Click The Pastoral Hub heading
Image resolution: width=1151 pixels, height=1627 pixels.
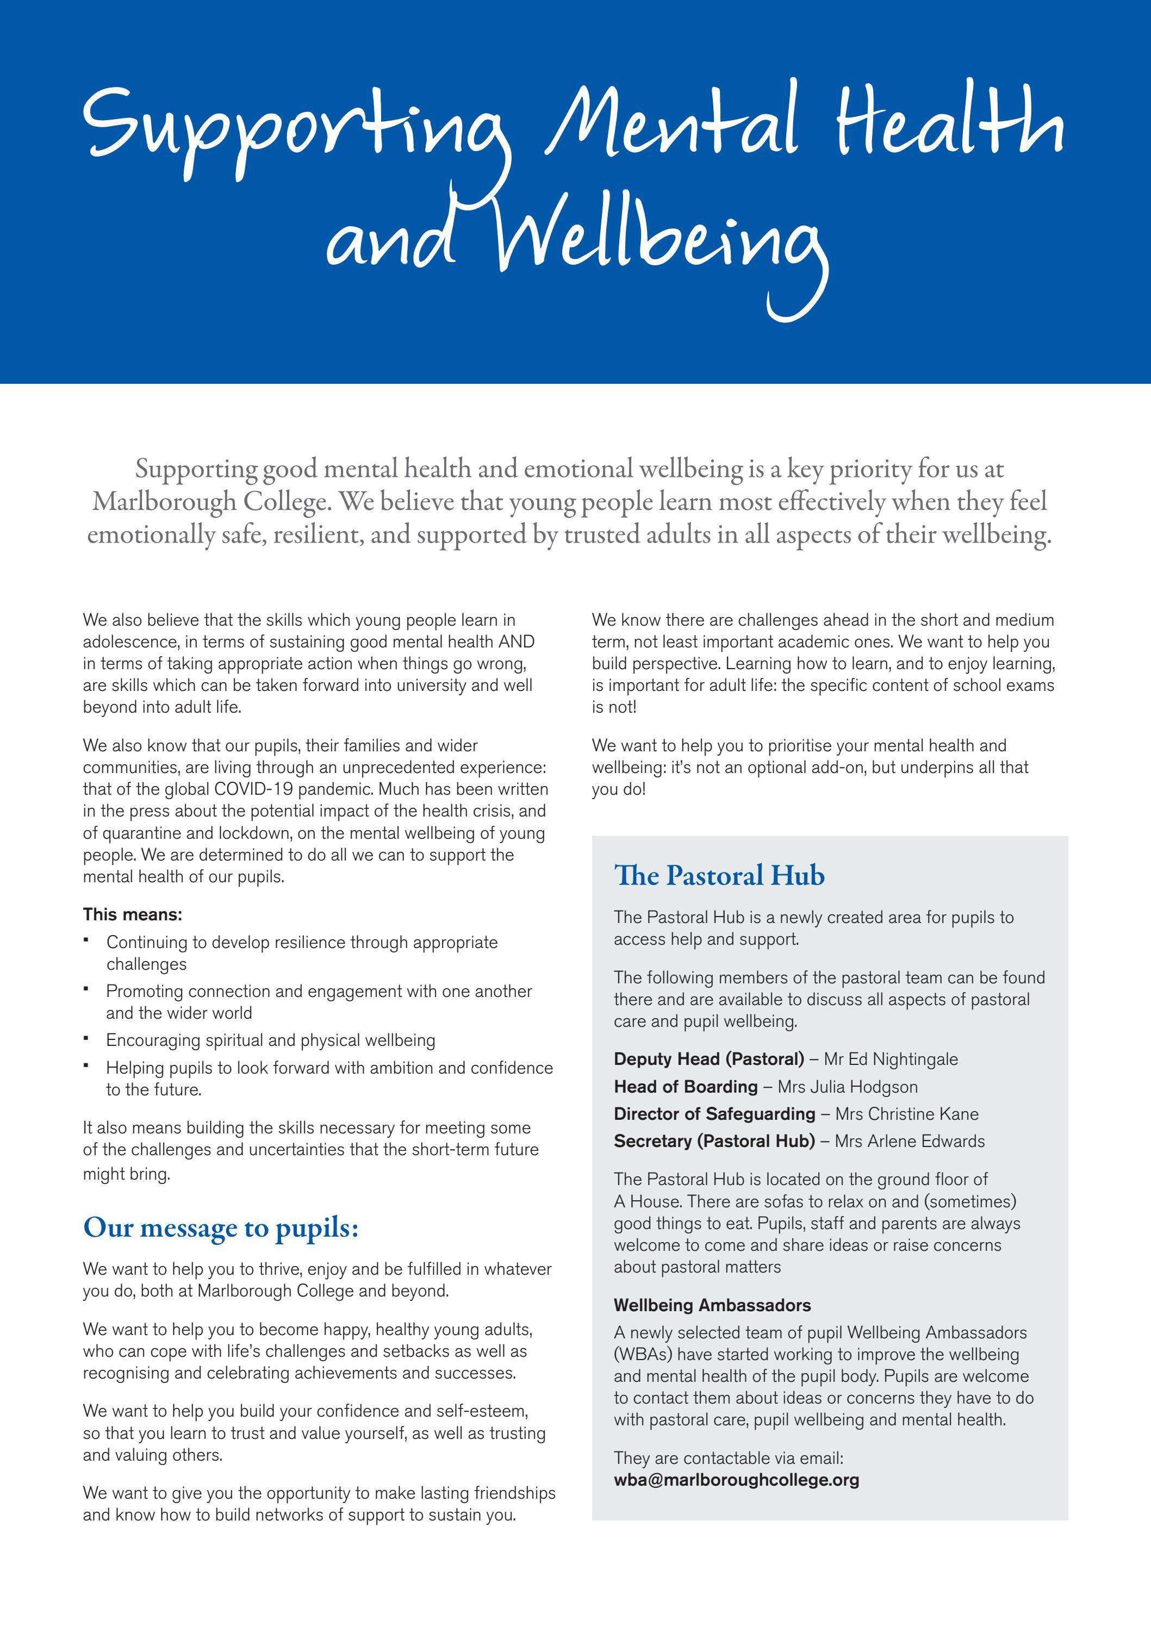pos(719,876)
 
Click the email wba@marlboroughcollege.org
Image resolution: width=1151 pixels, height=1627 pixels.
pos(736,1480)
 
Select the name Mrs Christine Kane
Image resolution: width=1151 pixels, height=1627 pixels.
pos(906,1114)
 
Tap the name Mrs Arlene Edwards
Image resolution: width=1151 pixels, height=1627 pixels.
pos(909,1142)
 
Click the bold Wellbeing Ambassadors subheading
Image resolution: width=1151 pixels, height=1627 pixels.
pos(712,1305)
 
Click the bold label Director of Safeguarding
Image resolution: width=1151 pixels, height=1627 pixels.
pos(714,1114)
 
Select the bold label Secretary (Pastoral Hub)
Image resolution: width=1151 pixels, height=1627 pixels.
pos(714,1142)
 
